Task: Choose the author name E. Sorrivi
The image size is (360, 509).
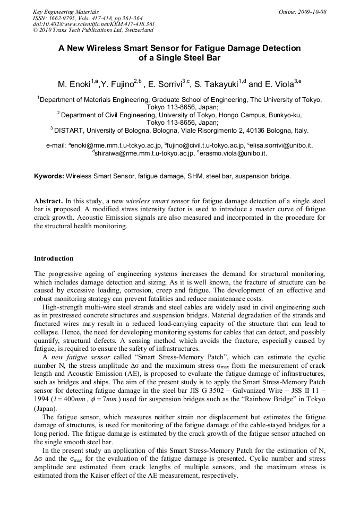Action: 165,84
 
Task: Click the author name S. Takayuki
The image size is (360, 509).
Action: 216,84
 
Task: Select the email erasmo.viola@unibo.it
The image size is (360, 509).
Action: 233,153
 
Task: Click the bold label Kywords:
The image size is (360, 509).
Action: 49,175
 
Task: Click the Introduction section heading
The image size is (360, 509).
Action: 54,258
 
